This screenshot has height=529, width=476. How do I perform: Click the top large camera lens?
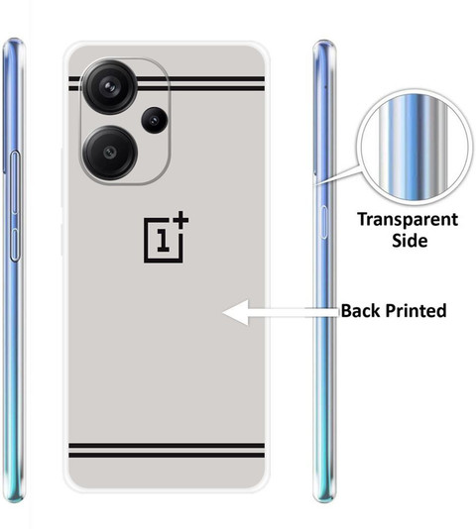(109, 87)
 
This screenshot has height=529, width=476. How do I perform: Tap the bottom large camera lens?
(110, 153)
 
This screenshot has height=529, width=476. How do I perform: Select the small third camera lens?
(155, 120)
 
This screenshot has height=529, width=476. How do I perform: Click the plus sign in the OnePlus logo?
(180, 220)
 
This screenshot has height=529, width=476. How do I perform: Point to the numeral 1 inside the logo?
(164, 240)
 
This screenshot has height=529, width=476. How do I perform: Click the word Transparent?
(408, 220)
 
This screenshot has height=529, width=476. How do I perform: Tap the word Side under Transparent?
(410, 240)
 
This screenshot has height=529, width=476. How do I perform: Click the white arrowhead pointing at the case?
(236, 312)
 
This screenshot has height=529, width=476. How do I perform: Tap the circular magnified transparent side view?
(415, 148)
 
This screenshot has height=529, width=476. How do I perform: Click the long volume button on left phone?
(15, 183)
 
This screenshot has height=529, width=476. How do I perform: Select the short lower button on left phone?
(15, 245)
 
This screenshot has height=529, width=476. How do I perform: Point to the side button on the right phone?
(323, 222)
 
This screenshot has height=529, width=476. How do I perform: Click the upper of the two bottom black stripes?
(167, 446)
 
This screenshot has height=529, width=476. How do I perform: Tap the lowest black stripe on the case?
(167, 456)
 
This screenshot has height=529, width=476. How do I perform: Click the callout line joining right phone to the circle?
(338, 175)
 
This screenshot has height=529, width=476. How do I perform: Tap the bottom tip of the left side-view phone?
(14, 501)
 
